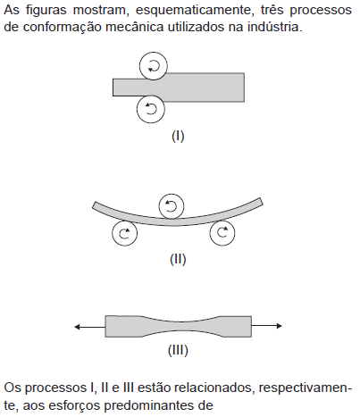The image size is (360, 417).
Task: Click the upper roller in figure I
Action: tap(154, 66)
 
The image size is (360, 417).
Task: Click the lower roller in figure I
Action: tap(151, 109)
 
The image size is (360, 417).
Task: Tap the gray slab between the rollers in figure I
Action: tap(179, 88)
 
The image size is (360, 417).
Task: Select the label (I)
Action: tap(178, 137)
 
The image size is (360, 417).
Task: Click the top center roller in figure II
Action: tap(172, 206)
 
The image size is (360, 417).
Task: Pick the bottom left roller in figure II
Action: tap(125, 233)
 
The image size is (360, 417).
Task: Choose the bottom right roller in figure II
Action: tap(222, 232)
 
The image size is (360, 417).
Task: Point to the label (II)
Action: tap(178, 259)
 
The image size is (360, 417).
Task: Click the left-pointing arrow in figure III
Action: tap(89, 327)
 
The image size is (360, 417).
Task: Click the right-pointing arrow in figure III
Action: tap(266, 326)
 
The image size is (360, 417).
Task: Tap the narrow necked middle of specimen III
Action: tap(181, 326)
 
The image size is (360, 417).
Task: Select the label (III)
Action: tap(178, 350)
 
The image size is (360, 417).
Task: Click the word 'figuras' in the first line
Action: tap(46, 11)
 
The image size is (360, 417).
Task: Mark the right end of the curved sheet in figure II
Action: tap(261, 202)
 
